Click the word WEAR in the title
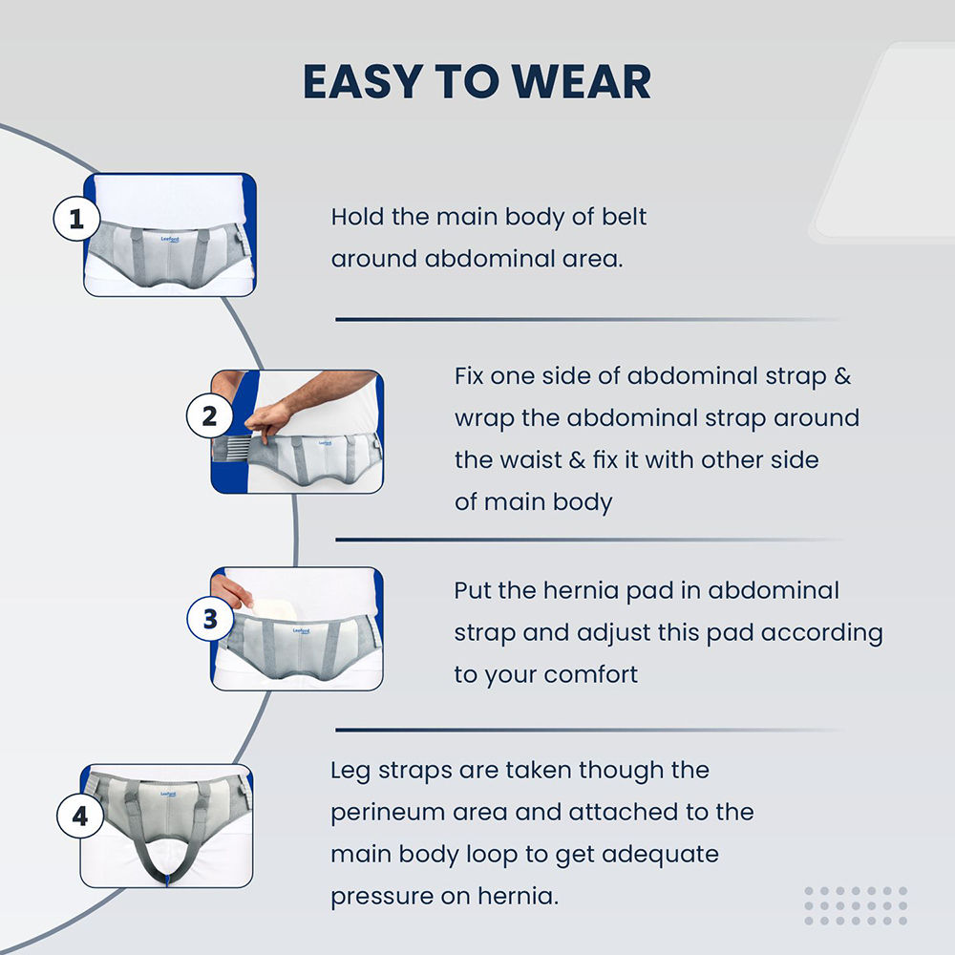[581, 81]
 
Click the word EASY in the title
[363, 81]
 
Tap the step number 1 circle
[76, 218]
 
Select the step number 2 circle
[209, 416]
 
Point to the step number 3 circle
[210, 619]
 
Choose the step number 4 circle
[80, 816]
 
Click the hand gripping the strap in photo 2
[268, 419]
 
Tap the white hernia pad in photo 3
[269, 607]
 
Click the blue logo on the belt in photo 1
[170, 240]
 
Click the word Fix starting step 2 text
[469, 375]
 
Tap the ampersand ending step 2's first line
[842, 375]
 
